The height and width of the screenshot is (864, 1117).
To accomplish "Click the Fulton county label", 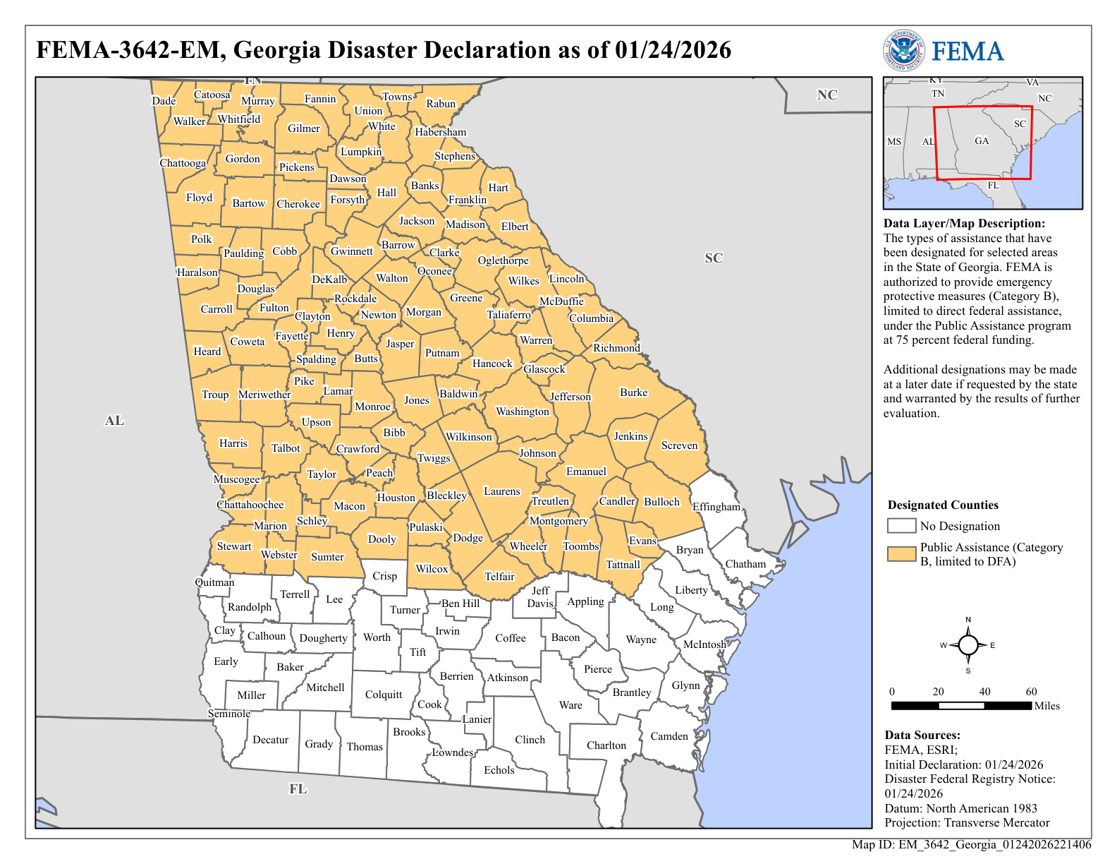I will (274, 308).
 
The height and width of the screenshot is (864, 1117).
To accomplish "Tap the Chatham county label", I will (745, 564).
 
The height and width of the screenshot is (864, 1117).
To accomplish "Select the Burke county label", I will (633, 392).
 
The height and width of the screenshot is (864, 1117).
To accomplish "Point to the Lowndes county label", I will (453, 752).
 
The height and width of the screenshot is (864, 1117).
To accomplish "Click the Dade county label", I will (164, 101).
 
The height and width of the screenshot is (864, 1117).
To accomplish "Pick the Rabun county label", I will (441, 104).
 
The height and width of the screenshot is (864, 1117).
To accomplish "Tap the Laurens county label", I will (501, 491).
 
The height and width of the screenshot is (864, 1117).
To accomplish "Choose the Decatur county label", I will (270, 740).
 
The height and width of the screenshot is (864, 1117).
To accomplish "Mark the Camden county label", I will (669, 736).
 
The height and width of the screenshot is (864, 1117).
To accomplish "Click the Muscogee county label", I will (237, 479).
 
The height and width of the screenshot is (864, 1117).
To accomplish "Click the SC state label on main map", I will (714, 258).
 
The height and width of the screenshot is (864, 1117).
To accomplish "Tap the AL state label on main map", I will (114, 421).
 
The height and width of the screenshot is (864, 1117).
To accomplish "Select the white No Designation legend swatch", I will (901, 526).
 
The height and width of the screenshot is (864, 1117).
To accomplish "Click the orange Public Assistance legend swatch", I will (901, 554).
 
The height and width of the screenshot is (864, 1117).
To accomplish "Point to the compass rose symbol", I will (968, 645).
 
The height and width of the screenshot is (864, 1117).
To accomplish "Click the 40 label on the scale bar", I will (984, 692).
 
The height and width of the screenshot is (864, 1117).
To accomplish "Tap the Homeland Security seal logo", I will (903, 51).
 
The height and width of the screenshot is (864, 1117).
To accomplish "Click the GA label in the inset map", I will (982, 140).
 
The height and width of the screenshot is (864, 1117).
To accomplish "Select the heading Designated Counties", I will (943, 505).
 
